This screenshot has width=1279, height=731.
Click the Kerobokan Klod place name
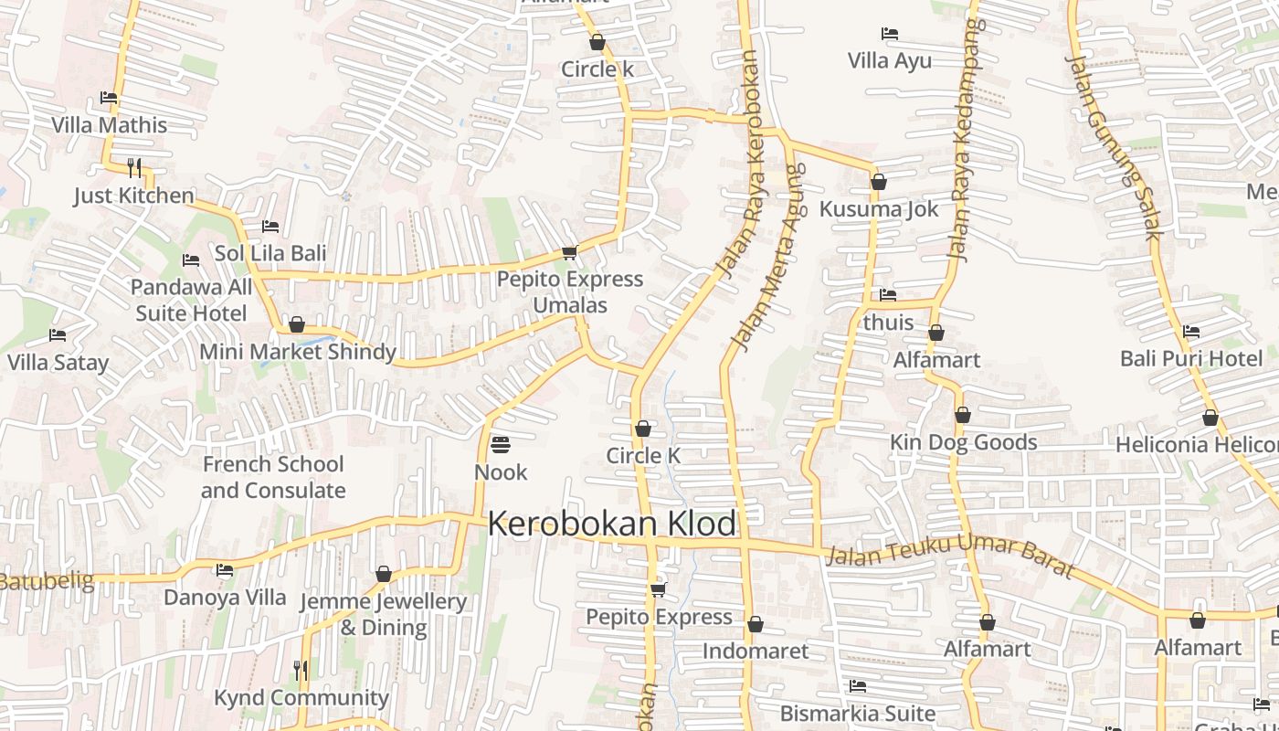click(611, 524)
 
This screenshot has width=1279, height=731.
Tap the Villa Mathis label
click(110, 125)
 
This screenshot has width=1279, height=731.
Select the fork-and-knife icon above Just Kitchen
click(134, 167)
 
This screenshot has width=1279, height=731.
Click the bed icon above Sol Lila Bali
click(270, 226)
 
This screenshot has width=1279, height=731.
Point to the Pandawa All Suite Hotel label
click(191, 301)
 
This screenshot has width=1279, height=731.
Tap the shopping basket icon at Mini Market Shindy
click(297, 324)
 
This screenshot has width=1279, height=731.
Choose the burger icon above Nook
click(501, 445)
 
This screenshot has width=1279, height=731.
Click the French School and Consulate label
click(273, 477)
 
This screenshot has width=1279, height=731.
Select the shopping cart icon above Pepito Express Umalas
click(570, 252)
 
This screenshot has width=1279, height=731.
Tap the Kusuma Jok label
click(879, 209)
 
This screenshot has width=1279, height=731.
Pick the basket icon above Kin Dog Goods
click(962, 416)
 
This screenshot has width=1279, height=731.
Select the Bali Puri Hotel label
click(1191, 358)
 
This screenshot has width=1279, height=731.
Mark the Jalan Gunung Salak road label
click(1115, 146)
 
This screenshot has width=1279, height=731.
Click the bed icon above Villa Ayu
click(890, 34)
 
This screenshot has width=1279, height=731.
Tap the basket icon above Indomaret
click(756, 624)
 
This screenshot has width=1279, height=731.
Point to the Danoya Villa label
click(225, 598)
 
